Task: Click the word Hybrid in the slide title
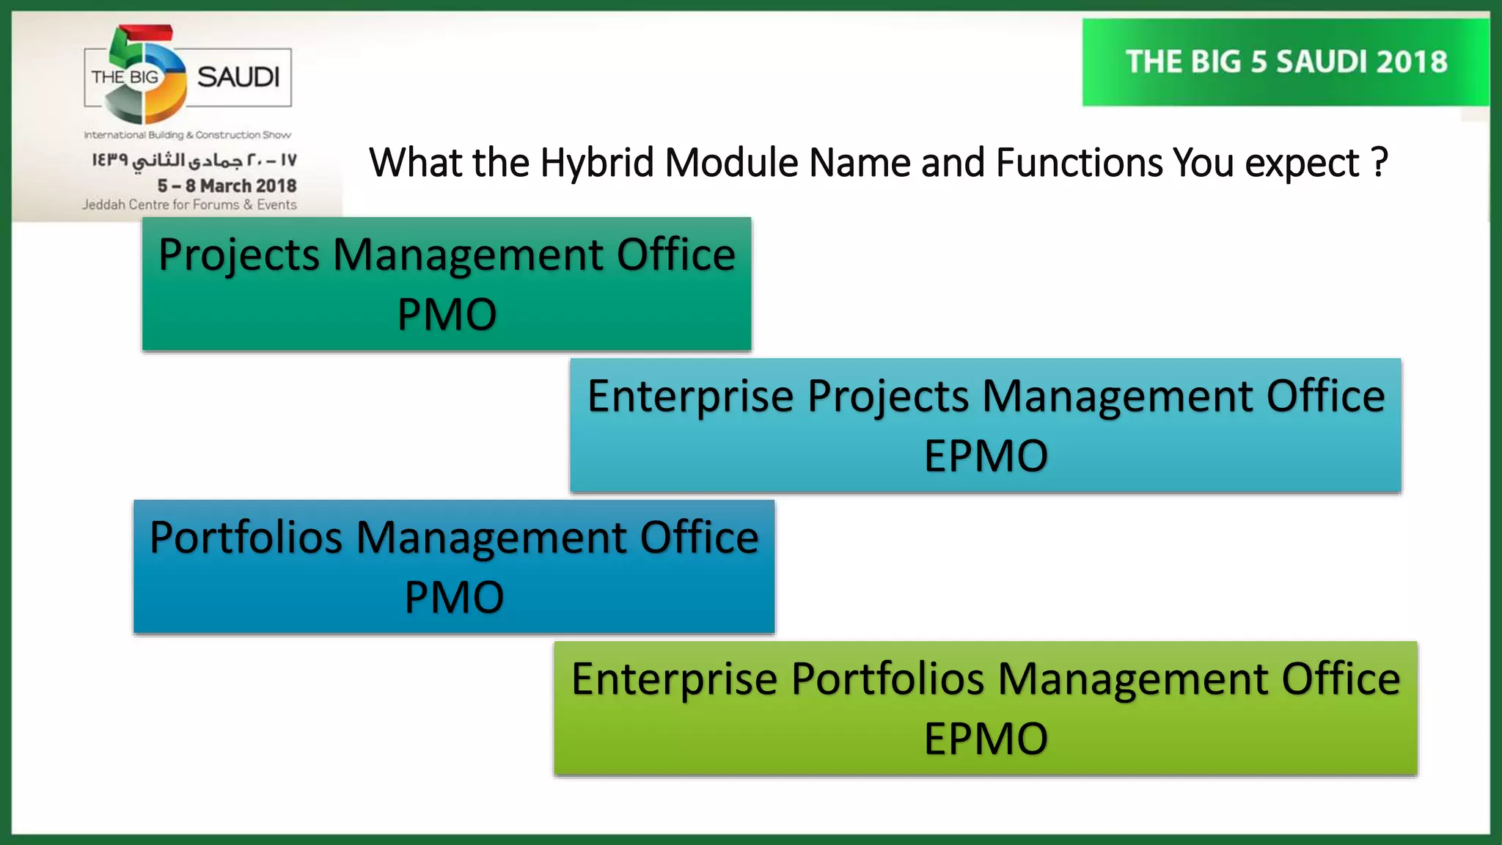tap(596, 163)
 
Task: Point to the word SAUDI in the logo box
tap(238, 77)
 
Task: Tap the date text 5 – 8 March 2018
tap(227, 186)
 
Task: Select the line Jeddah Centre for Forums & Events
tap(189, 205)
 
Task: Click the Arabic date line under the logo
tap(194, 160)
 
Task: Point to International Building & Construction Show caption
tap(187, 135)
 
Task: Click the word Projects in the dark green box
tap(239, 255)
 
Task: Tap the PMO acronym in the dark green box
tap(447, 315)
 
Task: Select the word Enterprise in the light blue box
tap(691, 397)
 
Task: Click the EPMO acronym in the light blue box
tap(985, 456)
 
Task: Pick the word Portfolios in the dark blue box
tap(246, 538)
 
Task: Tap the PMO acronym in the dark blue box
tap(454, 597)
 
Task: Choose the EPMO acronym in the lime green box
tap(985, 739)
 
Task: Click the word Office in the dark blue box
tap(699, 538)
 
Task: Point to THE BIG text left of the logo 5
tap(124, 77)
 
